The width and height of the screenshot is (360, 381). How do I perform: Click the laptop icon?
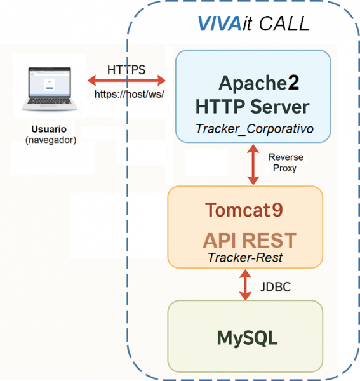(49, 88)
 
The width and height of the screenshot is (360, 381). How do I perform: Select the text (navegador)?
(50, 140)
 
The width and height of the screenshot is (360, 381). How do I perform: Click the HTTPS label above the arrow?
(126, 69)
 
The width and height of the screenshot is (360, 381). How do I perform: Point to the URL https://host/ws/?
(130, 94)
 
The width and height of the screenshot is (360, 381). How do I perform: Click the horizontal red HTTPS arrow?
(126, 81)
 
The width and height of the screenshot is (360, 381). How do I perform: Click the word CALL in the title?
(283, 23)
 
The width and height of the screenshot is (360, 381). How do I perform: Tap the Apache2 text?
(258, 83)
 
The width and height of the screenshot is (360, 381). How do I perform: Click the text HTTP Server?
(253, 106)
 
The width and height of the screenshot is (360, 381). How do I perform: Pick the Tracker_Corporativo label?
(255, 129)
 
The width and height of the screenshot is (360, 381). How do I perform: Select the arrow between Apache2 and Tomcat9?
(253, 163)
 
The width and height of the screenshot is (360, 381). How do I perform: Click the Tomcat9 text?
(244, 209)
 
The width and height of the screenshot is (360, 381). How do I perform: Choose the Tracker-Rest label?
(245, 258)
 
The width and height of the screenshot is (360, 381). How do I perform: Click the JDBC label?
(276, 287)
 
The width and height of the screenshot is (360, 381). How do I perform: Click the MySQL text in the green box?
(247, 338)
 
